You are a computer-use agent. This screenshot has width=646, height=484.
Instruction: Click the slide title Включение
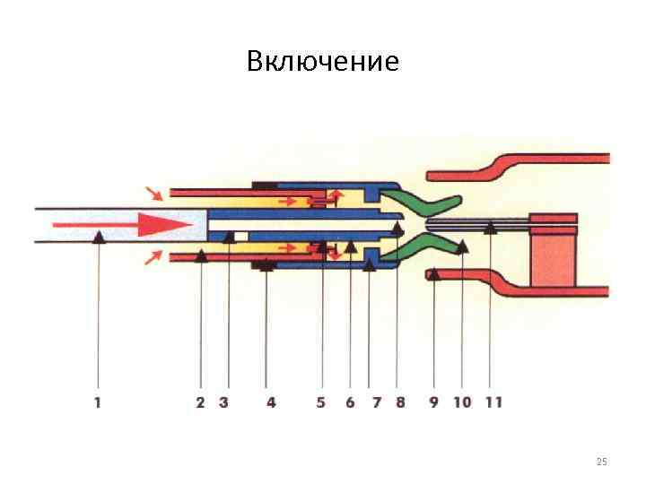click(x=322, y=62)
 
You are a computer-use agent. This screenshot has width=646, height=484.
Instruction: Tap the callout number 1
click(x=97, y=402)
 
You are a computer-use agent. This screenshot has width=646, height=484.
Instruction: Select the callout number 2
click(x=201, y=402)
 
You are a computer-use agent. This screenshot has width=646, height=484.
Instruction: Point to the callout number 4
click(x=271, y=402)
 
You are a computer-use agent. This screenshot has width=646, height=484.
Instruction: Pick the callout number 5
click(x=321, y=402)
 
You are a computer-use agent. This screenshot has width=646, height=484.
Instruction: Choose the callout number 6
click(x=350, y=402)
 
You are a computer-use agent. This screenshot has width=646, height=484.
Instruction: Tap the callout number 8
click(x=400, y=402)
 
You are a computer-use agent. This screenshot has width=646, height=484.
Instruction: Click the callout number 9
click(x=433, y=402)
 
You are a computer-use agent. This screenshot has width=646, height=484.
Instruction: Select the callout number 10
click(x=462, y=402)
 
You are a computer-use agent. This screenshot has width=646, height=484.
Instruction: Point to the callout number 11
click(x=492, y=402)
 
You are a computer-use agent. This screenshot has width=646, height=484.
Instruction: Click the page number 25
click(x=602, y=462)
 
